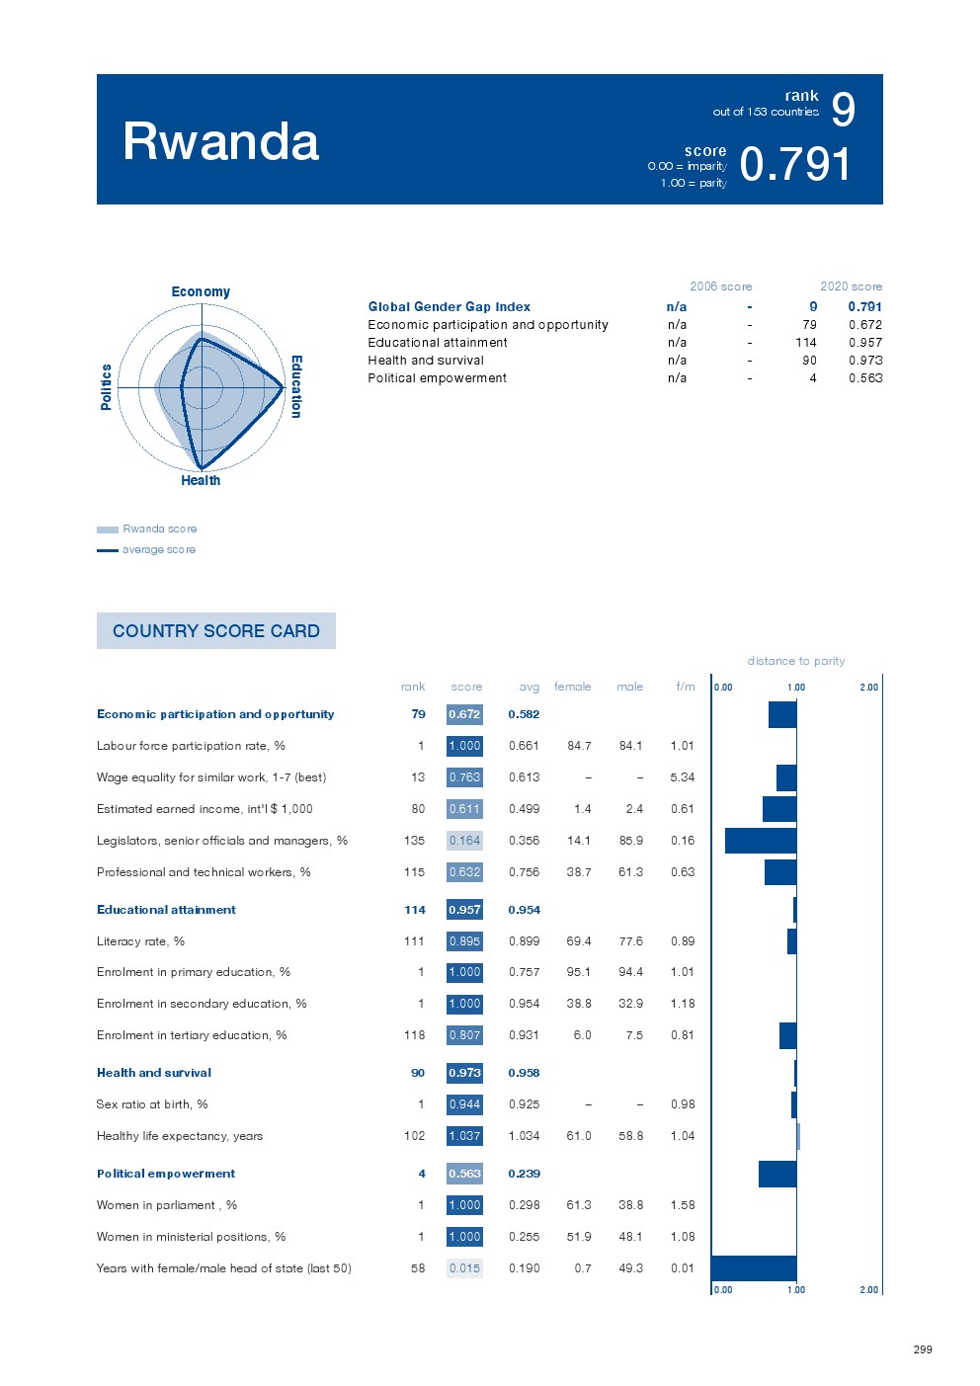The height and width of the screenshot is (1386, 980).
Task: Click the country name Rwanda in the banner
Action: point(220,141)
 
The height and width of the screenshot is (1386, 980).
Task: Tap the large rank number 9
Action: point(843,110)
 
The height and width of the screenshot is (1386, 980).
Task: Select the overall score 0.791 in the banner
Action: point(794,164)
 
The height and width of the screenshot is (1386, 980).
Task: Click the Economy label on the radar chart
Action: point(201,291)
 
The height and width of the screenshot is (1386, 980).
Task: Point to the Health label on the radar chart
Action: point(201,480)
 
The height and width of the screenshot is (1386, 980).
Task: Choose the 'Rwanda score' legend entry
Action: point(159,529)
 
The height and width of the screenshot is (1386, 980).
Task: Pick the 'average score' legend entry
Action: point(158,549)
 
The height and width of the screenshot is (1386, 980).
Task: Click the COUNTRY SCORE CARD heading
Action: point(216,630)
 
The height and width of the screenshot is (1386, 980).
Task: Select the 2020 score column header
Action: point(851,286)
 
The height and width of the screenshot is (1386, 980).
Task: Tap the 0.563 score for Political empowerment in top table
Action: point(865,378)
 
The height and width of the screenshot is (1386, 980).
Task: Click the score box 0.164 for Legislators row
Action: point(464,841)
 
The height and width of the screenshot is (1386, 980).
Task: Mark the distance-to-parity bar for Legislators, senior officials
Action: point(761,841)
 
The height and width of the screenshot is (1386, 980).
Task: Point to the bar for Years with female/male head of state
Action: point(754,1267)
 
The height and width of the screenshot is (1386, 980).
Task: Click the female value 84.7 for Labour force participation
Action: point(579,746)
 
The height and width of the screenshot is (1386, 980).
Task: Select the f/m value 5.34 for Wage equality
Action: point(682,777)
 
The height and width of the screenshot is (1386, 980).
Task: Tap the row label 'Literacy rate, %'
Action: point(140,941)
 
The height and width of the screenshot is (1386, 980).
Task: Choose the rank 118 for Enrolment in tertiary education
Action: point(414,1035)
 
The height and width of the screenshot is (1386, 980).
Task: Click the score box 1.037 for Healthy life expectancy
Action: point(464,1136)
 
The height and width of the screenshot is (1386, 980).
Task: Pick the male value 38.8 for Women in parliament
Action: point(630,1205)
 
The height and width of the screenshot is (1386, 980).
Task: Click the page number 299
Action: point(922,1349)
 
